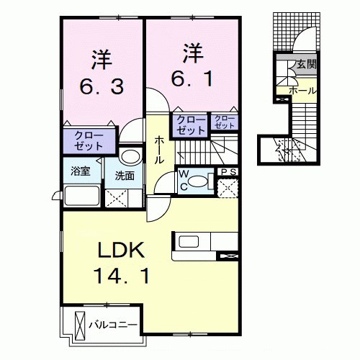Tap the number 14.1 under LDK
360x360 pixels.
click(120, 275)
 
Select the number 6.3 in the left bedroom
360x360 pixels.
click(102, 86)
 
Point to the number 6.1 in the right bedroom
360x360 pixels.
click(191, 76)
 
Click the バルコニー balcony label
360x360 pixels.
click(112, 325)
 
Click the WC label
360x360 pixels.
click(184, 178)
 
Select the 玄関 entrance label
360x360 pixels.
click(306, 64)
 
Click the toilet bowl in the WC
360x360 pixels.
click(204, 180)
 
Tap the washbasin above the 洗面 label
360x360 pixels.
click(130, 156)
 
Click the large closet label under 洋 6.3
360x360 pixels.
click(89, 140)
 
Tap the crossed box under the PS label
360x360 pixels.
click(228, 186)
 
